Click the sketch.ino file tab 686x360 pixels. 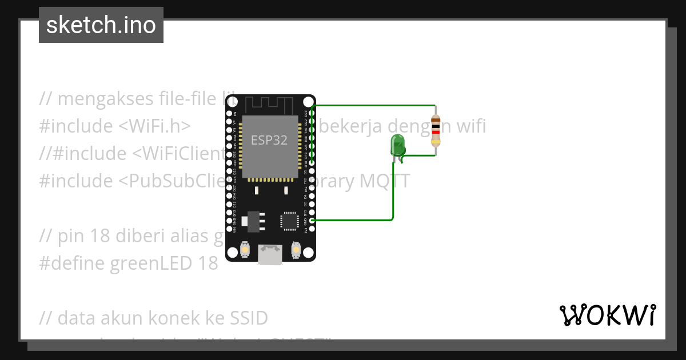[x=101, y=25]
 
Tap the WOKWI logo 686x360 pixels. [x=607, y=315]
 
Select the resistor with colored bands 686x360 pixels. [x=436, y=130]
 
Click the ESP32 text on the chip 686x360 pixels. [x=269, y=140]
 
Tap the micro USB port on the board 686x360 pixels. [x=270, y=254]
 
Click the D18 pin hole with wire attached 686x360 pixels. [x=312, y=155]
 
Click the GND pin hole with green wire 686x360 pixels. [x=312, y=220]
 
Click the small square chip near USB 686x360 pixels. [x=289, y=221]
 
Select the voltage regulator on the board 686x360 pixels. [x=252, y=221]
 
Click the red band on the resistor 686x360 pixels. [x=436, y=132]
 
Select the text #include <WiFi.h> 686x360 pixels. [x=114, y=126]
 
